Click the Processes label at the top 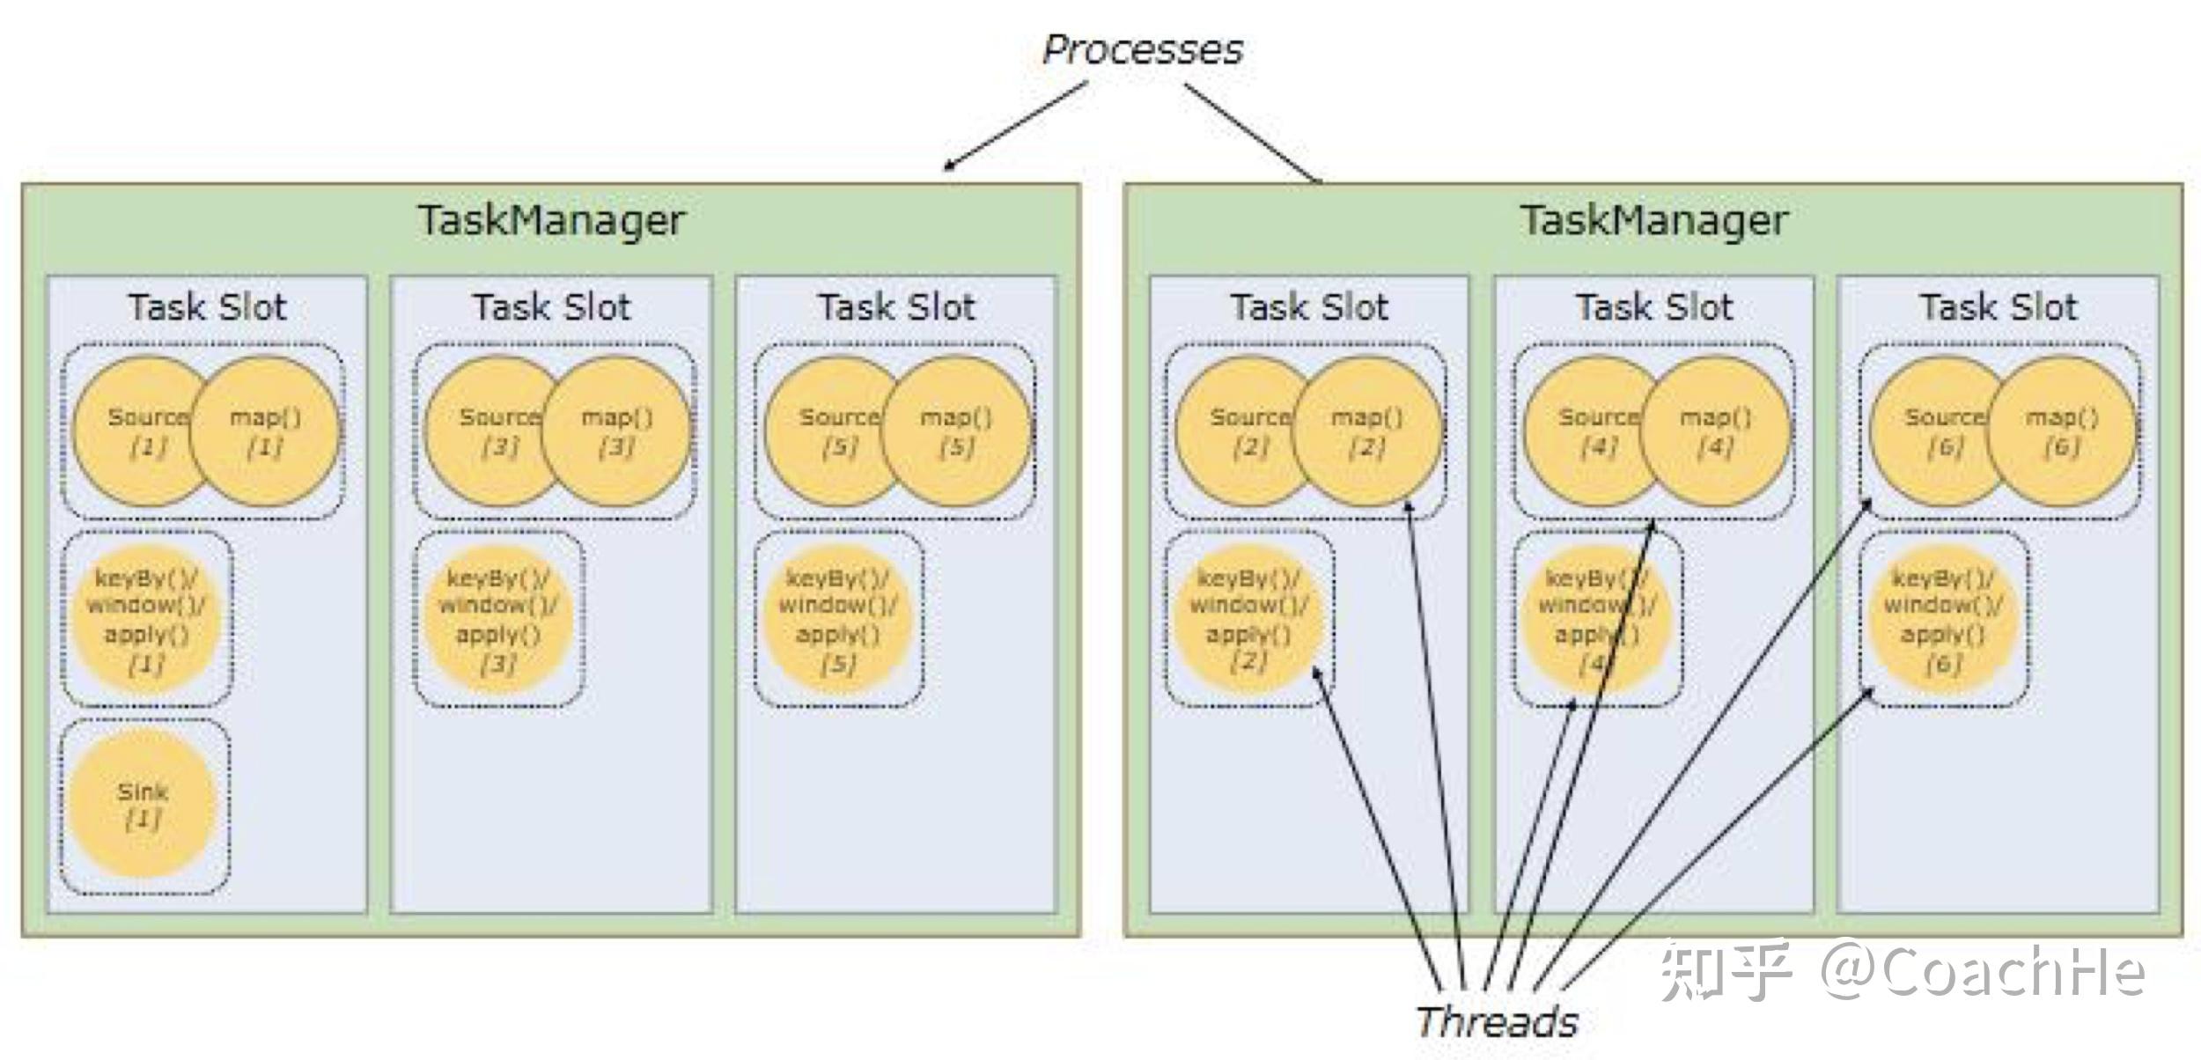point(1143,50)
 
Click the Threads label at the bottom point(1497,1021)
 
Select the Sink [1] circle point(143,805)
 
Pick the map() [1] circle point(265,431)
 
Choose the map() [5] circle point(956,431)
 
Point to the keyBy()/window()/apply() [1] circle point(146,619)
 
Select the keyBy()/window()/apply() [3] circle point(498,619)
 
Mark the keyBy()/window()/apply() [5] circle point(838,619)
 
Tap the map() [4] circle point(1716,431)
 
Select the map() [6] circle point(2062,431)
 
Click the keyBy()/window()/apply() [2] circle point(1249,619)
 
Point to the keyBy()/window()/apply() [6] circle point(1943,619)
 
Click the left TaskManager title point(551,221)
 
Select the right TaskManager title point(1654,221)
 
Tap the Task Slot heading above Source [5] point(896,307)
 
